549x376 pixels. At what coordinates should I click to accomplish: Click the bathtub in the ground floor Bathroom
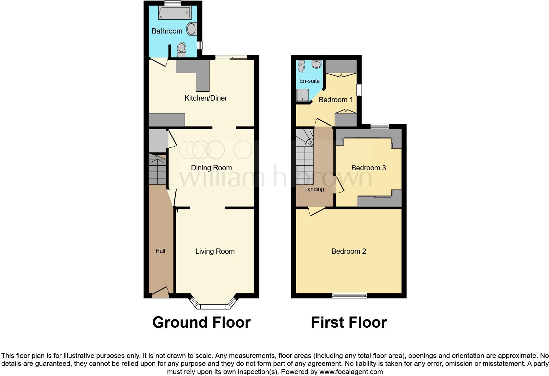175,13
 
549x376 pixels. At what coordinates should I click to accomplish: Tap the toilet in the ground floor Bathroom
182,50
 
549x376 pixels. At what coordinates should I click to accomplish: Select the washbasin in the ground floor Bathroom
191,29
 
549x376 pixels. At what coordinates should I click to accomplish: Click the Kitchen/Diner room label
206,98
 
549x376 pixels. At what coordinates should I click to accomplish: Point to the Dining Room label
211,168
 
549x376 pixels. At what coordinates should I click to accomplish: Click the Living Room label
215,251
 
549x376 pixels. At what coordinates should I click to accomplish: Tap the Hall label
160,251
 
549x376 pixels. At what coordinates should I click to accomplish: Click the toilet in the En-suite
301,66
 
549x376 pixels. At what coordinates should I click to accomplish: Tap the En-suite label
309,81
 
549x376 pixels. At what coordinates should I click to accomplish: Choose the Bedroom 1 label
336,100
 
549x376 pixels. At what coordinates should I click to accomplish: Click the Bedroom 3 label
368,168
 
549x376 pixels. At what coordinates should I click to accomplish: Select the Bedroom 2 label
349,251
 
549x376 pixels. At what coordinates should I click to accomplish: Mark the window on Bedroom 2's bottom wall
349,295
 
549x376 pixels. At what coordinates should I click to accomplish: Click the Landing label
314,189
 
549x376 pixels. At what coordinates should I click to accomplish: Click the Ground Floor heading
201,322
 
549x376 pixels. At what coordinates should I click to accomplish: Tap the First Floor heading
349,322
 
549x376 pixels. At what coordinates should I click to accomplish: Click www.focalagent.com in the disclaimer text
351,372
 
